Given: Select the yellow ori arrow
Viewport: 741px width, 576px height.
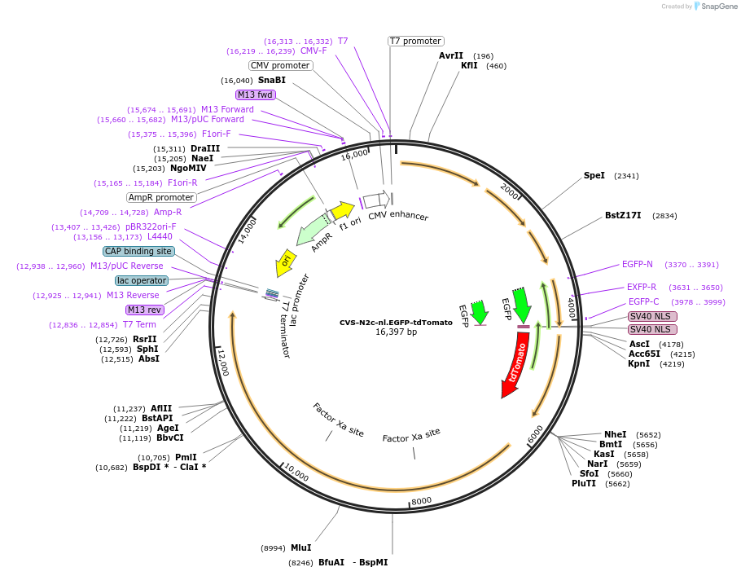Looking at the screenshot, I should [x=285, y=262].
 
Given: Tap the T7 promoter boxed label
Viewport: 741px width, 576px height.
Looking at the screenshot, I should [x=415, y=41].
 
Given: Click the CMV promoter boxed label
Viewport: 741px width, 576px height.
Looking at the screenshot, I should [x=280, y=65].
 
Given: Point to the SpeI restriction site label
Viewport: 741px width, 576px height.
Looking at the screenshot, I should [x=594, y=175].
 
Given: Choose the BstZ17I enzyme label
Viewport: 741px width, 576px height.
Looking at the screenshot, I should [x=623, y=216].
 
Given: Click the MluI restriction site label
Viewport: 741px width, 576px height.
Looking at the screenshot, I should [x=300, y=548].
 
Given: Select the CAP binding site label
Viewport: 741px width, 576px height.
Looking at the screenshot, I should [x=138, y=251].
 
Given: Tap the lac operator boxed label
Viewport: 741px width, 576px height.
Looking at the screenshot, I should [x=142, y=280].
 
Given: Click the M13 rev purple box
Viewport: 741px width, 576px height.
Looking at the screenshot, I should [x=144, y=310].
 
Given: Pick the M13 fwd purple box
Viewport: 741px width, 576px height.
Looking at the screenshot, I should [x=255, y=95].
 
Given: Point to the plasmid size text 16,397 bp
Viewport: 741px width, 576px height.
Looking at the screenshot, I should [x=396, y=332].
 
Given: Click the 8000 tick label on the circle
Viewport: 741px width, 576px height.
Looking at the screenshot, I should [x=421, y=501].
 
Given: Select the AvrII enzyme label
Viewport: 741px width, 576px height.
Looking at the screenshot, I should [x=450, y=55].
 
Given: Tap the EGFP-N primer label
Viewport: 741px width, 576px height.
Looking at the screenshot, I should [x=637, y=264].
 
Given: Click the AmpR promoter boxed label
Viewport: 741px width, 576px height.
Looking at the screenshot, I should [x=161, y=197].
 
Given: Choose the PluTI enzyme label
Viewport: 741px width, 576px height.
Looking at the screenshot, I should [x=584, y=483].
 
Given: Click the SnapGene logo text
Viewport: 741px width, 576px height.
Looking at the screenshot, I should [x=719, y=7].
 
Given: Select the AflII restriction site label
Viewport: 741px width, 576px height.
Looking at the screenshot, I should [x=161, y=408].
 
